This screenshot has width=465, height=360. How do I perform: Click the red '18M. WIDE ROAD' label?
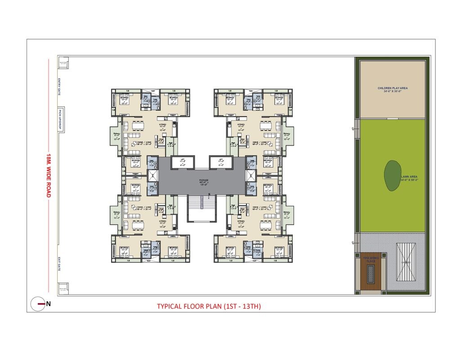[x=49, y=175]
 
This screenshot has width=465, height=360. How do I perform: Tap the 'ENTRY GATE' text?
[x=59, y=86]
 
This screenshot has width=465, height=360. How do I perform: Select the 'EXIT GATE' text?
[x=59, y=264]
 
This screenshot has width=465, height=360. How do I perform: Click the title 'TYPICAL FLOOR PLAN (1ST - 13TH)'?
[x=209, y=307]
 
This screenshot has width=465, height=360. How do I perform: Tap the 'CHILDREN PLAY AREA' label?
[x=392, y=88]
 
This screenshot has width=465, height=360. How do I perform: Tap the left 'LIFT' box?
[x=182, y=162]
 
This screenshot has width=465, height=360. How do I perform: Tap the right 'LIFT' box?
[x=221, y=162]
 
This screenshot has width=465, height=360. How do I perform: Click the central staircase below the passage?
[x=202, y=209]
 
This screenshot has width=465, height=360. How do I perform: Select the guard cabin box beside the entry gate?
[x=63, y=63]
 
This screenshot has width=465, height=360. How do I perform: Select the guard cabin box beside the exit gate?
[x=63, y=288]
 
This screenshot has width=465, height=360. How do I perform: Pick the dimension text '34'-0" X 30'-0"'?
[x=392, y=91]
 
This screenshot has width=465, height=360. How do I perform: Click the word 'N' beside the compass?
[x=49, y=304]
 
